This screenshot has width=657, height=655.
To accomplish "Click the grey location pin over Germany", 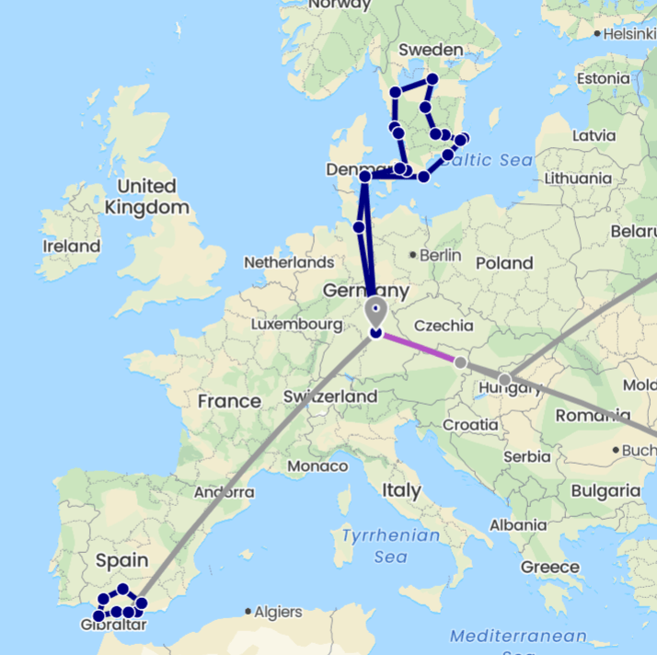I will click(x=375, y=310).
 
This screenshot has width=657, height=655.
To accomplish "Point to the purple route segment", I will click(x=419, y=348).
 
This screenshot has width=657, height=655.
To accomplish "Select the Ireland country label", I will click(x=71, y=247).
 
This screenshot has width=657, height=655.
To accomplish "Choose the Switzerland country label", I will click(x=330, y=396).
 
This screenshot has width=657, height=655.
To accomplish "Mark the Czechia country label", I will click(x=444, y=326).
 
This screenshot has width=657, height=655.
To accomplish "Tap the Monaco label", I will click(x=317, y=466).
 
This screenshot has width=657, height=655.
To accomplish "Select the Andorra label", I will click(x=223, y=492).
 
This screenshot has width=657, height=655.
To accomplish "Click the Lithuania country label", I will click(x=578, y=178).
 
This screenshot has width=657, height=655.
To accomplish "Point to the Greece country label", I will click(x=550, y=567).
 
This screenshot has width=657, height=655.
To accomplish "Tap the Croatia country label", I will click(x=469, y=424).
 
